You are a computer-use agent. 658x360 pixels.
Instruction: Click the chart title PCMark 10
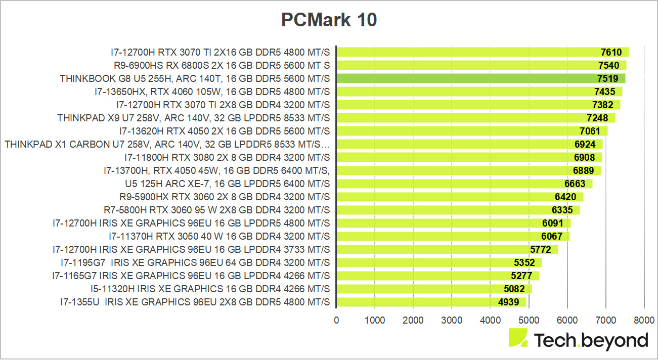point(329,21)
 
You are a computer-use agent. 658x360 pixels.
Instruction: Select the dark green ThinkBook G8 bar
point(480,78)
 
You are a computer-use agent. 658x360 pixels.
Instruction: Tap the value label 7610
point(611,52)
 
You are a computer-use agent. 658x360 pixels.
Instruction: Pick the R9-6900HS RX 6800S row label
point(222,65)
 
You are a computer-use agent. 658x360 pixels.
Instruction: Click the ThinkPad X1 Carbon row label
point(167,144)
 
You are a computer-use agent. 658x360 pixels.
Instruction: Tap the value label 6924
point(585,144)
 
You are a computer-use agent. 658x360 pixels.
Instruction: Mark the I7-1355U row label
point(195,302)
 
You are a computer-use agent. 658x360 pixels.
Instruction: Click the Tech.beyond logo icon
point(518,338)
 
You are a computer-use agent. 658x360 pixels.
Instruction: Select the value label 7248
point(597,118)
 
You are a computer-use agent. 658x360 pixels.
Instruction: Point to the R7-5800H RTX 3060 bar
point(458,210)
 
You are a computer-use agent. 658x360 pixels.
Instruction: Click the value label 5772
point(540,249)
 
